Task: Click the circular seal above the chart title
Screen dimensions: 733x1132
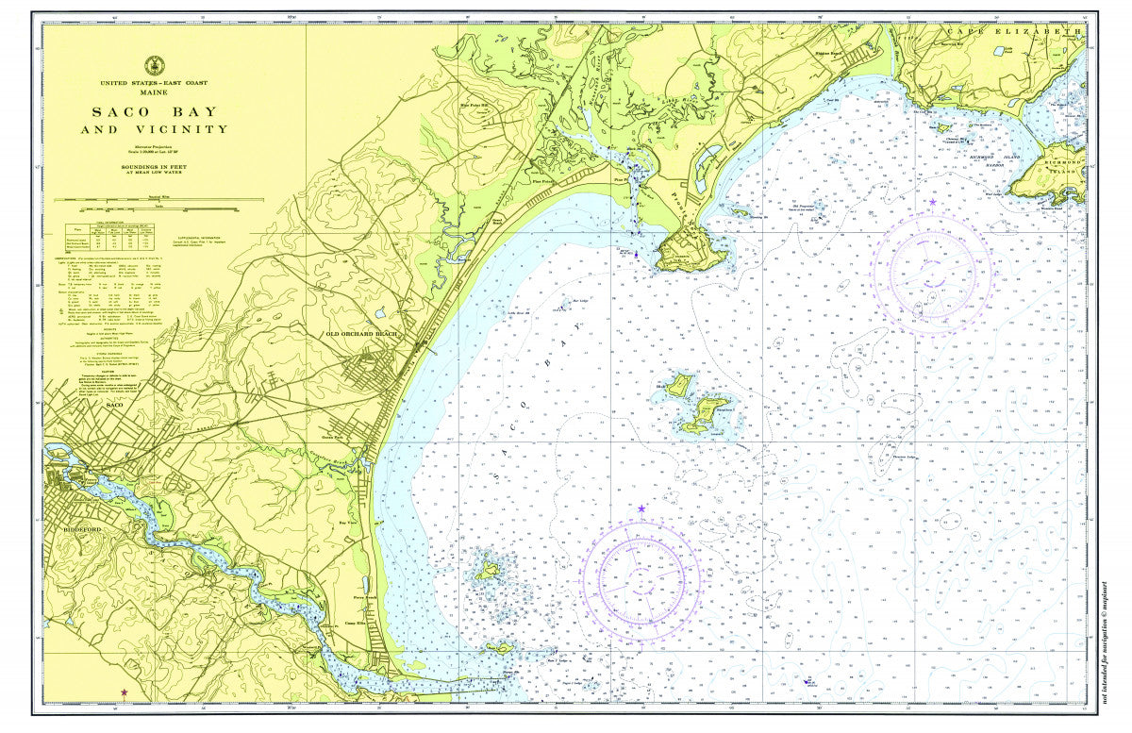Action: (154, 66)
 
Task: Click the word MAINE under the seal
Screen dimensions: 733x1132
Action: (154, 92)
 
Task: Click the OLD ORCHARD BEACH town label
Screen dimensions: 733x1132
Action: (363, 334)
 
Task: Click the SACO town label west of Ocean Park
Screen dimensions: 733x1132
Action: (116, 405)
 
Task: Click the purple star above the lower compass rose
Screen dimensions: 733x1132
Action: (641, 509)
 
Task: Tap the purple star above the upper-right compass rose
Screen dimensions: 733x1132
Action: (933, 202)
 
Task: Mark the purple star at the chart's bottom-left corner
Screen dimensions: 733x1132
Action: (125, 692)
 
